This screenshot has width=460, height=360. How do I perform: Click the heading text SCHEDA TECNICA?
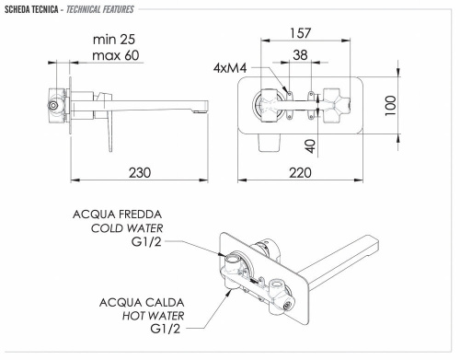[x=31, y=9]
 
